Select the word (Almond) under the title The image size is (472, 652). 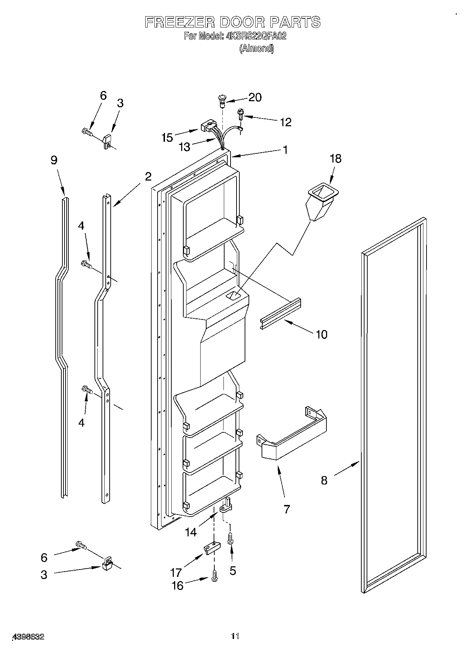pos(256,49)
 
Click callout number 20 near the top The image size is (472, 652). pos(255,97)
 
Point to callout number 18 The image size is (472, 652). pos(336,159)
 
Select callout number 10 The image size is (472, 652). pos(321,334)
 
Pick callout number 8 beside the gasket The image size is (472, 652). pos(324,480)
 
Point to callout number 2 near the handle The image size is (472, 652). pos(148,176)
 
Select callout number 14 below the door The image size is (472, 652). pos(191,532)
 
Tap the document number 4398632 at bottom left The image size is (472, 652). pos(28,637)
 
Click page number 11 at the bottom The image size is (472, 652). pos(235,636)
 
